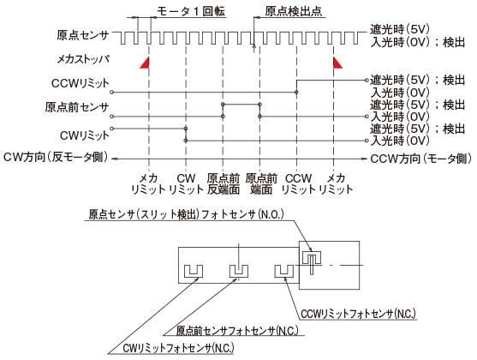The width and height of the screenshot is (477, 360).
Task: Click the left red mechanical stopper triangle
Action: point(146,63)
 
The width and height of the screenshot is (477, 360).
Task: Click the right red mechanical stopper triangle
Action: point(337,63)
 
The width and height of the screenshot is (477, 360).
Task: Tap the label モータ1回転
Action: point(191,11)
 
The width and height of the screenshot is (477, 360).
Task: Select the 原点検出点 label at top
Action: point(293,11)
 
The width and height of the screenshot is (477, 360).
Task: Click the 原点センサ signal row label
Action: point(83,35)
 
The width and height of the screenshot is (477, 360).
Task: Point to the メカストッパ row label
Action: point(83,59)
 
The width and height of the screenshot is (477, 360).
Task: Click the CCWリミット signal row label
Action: point(80,83)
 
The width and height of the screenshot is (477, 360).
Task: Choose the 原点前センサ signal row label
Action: point(77,107)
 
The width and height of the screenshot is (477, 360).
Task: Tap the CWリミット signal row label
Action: point(85,135)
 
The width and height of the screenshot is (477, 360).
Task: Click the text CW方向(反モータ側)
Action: point(56,158)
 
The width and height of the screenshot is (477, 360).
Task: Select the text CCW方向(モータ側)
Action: point(421,159)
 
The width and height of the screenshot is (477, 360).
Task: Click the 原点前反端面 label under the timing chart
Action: point(224,184)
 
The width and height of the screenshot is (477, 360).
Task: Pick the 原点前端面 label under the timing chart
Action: point(261,184)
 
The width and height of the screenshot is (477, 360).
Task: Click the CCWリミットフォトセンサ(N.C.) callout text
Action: point(358,314)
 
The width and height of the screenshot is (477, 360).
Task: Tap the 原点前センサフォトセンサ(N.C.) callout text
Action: point(237,331)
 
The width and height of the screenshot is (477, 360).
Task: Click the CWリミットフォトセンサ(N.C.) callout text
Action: point(179,348)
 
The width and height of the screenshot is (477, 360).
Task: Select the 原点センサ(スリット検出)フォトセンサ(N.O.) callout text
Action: point(186,214)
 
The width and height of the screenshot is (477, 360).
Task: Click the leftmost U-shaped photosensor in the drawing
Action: point(194,271)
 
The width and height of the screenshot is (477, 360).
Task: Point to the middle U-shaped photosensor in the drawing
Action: point(239,271)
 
